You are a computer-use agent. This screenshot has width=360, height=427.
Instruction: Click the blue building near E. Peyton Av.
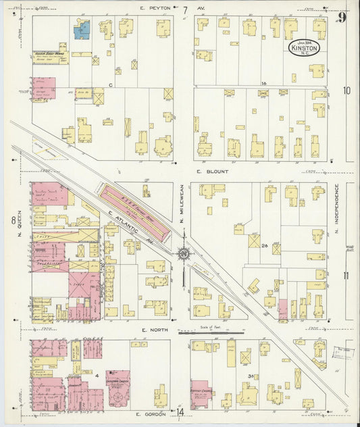[x=82, y=29]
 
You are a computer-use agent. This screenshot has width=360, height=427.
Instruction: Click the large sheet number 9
[x=342, y=17]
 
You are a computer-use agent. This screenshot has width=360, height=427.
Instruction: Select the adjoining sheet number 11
[x=346, y=275]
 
